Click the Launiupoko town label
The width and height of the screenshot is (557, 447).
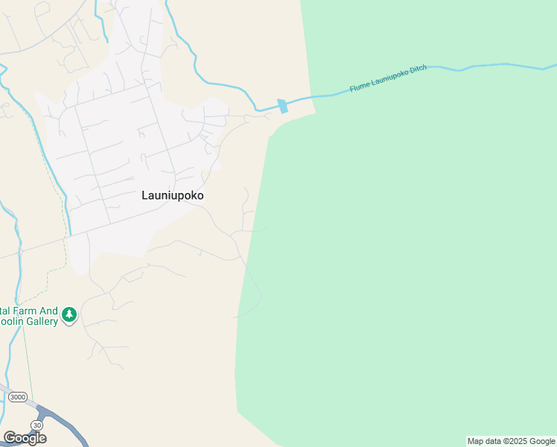click(172, 195)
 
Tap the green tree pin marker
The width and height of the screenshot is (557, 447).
click(69, 315)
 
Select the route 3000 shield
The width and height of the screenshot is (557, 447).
click(17, 397)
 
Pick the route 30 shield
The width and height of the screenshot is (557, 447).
click(36, 424)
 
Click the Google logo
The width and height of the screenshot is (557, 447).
click(25, 438)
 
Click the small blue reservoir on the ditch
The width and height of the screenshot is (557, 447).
click(282, 107)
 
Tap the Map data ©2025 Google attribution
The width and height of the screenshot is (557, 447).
click(511, 441)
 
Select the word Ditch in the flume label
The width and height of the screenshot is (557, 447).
click(418, 71)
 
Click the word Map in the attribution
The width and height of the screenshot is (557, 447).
click(475, 441)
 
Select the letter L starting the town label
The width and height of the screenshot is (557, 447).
click(144, 195)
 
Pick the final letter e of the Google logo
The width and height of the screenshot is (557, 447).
click(42, 439)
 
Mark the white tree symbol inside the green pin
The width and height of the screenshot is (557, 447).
click(69, 314)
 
